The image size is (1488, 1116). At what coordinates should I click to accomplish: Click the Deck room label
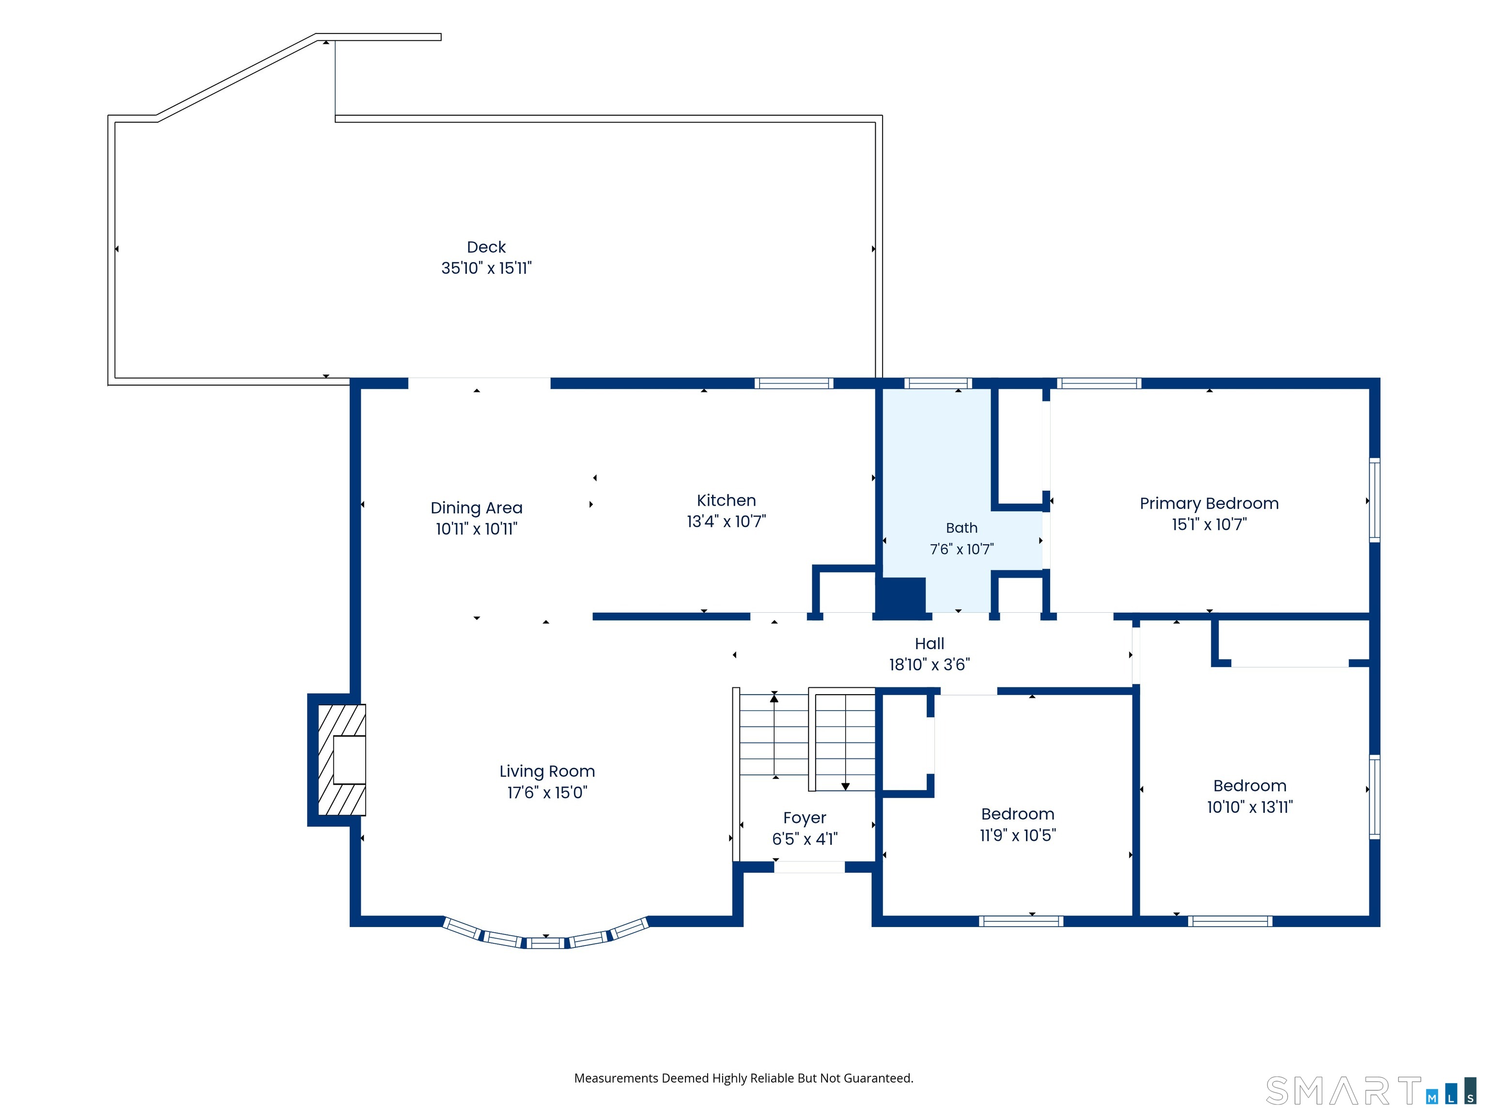click(x=486, y=247)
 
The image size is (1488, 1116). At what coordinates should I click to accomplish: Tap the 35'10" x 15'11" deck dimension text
click(x=486, y=268)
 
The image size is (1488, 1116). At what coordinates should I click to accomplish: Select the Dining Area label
click(x=476, y=508)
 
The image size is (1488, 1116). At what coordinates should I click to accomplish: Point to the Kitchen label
click(x=727, y=500)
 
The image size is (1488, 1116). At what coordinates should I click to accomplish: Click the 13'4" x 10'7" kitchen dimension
click(x=727, y=521)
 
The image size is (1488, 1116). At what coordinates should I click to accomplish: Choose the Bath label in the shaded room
click(x=962, y=528)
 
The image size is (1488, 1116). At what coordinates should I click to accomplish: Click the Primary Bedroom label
click(x=1209, y=504)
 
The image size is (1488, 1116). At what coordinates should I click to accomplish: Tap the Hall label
click(x=930, y=644)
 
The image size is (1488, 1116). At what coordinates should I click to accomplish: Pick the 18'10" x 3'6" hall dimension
click(x=930, y=665)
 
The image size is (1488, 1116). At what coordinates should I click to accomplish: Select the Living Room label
click(x=547, y=772)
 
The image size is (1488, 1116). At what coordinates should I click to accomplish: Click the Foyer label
click(x=805, y=818)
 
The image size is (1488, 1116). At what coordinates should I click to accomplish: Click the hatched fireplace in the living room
click(x=342, y=760)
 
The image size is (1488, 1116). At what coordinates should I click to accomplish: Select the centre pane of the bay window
click(x=545, y=943)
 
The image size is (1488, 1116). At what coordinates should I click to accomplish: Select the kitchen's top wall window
click(x=794, y=384)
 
